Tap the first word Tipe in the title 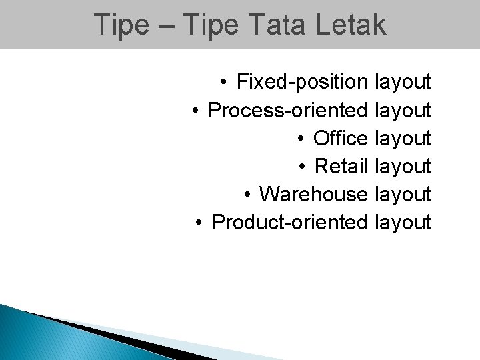(121, 25)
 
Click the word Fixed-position (302, 83)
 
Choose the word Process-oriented (288, 111)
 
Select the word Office (340, 139)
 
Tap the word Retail (341, 166)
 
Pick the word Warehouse (313, 194)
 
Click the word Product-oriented (289, 222)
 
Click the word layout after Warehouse (403, 194)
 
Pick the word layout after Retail (403, 166)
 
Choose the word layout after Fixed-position (403, 83)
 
